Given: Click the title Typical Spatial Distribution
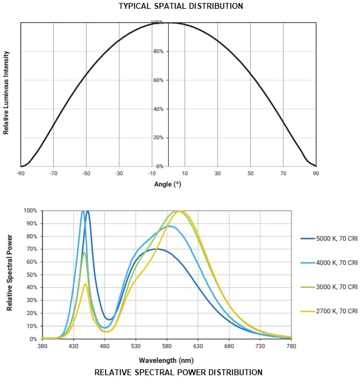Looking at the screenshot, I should pyautogui.click(x=180, y=6).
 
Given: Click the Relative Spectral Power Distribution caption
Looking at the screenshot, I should pyautogui.click(x=178, y=372).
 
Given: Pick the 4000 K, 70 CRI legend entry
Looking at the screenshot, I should pyautogui.click(x=336, y=262).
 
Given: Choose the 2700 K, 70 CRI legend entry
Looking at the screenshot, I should pyautogui.click(x=336, y=310).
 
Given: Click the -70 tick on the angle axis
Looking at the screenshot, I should pyautogui.click(x=53, y=173).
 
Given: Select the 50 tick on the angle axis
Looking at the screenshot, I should pyautogui.click(x=250, y=173).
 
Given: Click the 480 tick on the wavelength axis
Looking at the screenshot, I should pyautogui.click(x=104, y=346).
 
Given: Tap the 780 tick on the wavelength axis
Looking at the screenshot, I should pyautogui.click(x=290, y=346).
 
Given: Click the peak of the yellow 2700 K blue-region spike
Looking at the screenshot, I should pyautogui.click(x=86, y=284).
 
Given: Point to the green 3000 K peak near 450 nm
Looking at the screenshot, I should pyautogui.click(x=84, y=253).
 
